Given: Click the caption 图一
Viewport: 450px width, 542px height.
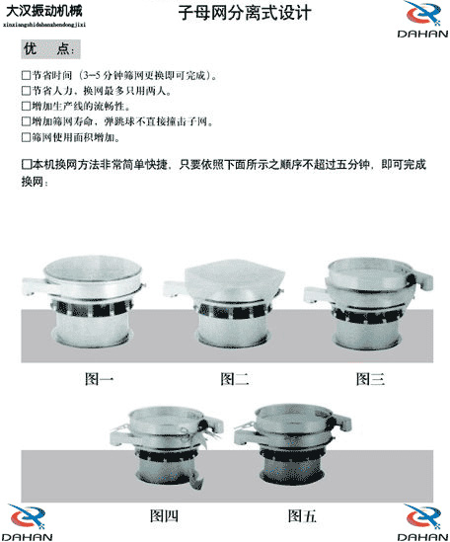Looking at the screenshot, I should click(100, 378).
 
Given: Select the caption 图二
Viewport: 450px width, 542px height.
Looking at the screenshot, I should click(234, 378).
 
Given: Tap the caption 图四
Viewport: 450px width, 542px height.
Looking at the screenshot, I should click(164, 514).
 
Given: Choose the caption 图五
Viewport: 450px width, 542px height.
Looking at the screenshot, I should click(302, 514).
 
